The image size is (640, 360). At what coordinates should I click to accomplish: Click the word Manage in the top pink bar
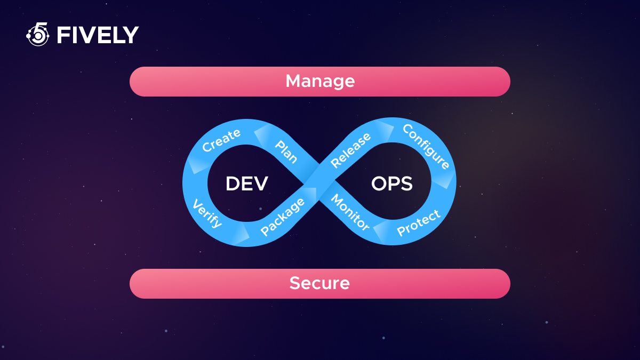[320, 82]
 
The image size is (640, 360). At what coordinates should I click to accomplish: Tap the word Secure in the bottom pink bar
[319, 283]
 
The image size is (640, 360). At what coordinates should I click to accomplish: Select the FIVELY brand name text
[98, 35]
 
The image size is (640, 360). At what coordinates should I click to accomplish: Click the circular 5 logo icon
[38, 34]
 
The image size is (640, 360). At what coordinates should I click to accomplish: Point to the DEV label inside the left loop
[247, 183]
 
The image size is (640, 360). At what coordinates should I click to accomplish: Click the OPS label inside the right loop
[392, 183]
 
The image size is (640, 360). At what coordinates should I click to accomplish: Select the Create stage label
[221, 140]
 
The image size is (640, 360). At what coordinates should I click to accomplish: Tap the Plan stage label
[286, 151]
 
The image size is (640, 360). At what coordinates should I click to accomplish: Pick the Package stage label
[283, 217]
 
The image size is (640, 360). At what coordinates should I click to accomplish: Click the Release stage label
[350, 150]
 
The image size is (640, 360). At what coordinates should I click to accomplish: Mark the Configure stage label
[426, 147]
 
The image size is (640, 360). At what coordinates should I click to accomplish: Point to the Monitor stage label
[350, 212]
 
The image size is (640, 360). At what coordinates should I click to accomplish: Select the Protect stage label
[419, 223]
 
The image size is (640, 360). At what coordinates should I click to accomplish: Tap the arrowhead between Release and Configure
[386, 130]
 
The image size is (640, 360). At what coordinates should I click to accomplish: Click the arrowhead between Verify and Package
[242, 234]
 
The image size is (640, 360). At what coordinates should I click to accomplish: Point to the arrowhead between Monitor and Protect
[381, 232]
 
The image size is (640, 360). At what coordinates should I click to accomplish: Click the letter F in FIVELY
[62, 35]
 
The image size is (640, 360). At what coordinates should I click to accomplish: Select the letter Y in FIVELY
[131, 35]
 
